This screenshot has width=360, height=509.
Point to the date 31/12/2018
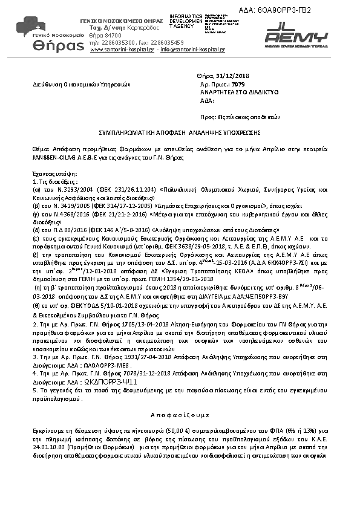[227, 76]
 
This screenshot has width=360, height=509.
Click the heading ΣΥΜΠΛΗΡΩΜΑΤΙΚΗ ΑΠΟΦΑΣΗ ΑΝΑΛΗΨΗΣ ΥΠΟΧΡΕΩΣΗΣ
[179, 131]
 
